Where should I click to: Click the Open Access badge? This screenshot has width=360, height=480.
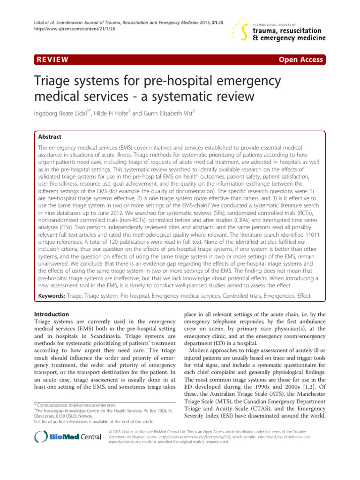coord(300,60)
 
